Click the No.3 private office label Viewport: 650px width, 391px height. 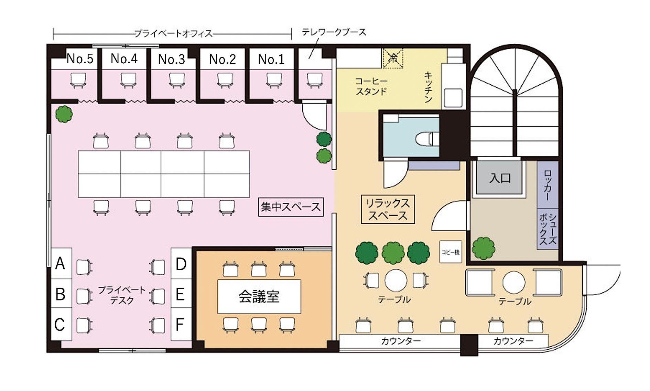171,59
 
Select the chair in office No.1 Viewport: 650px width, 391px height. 274,80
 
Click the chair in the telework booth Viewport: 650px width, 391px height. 314,80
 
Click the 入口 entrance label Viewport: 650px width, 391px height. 500,178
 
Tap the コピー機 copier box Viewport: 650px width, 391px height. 450,252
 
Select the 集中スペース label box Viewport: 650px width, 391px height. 291,207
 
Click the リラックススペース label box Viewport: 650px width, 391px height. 388,209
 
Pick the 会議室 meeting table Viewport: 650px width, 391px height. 259,296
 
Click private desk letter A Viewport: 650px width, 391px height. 60,263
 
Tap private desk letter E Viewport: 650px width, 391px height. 180,294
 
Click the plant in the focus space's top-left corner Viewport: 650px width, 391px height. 64,114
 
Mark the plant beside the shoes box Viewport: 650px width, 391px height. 484,248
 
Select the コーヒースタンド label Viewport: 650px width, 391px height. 371,86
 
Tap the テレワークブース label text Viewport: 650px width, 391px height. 334,32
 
